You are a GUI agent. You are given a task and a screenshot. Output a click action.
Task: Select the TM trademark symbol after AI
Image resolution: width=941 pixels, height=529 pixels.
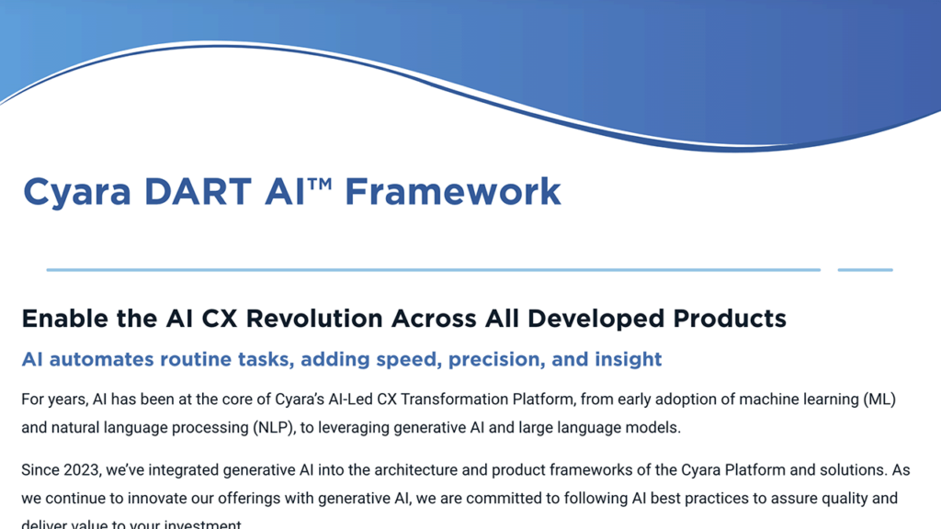click(320, 184)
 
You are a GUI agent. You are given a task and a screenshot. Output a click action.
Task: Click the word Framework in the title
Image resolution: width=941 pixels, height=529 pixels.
click(452, 192)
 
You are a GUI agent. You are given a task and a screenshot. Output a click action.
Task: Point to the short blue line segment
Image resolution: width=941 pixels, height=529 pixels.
click(865, 270)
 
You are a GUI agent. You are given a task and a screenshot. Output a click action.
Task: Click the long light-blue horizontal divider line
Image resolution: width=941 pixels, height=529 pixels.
click(432, 270)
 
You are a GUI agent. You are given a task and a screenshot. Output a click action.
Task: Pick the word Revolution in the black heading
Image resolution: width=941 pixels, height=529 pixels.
click(312, 319)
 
